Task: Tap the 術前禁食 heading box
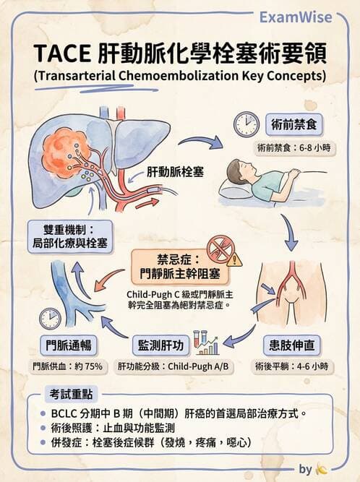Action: (x=293, y=124)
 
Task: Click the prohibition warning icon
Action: (x=222, y=250)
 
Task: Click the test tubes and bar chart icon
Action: (x=205, y=342)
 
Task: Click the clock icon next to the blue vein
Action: (x=50, y=317)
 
